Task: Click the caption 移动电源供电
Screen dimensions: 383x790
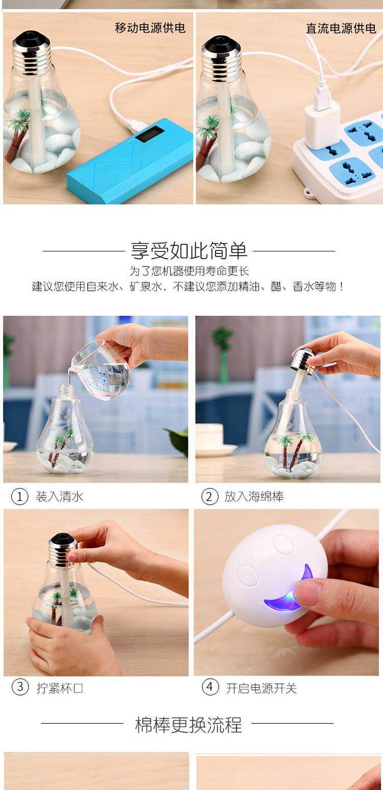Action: (x=150, y=28)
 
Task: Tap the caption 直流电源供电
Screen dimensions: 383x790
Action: (x=341, y=29)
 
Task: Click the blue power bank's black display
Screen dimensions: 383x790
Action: (x=150, y=134)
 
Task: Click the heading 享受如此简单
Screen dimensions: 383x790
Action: (x=189, y=251)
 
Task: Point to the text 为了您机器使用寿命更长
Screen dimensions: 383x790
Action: (x=189, y=271)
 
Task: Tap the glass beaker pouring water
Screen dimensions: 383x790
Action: (x=101, y=370)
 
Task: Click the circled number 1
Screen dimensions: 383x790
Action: (x=20, y=497)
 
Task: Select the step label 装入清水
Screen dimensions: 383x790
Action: (x=59, y=497)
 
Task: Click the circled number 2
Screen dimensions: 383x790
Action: (x=210, y=497)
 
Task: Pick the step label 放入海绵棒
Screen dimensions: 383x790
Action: (x=254, y=497)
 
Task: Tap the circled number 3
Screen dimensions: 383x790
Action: (x=20, y=687)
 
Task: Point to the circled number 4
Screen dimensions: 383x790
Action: (x=210, y=687)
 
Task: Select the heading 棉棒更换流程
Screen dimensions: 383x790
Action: (x=188, y=725)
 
